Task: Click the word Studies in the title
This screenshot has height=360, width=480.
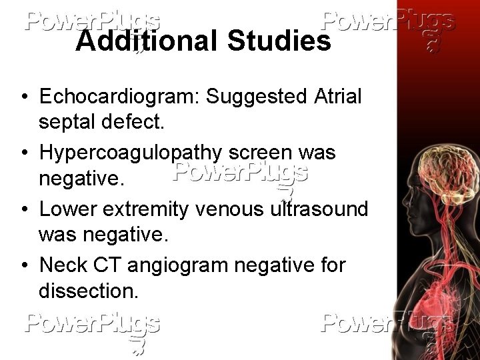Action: pos(279,41)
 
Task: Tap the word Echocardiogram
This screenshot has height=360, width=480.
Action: pos(119,97)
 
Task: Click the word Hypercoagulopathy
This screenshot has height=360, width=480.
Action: pos(131,153)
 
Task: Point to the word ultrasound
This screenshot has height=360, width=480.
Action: pos(319,209)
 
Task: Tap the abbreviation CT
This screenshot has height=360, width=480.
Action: pos(109,265)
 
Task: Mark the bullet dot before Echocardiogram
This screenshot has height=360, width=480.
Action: pos(23,97)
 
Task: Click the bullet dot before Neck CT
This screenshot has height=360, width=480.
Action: pos(23,266)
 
